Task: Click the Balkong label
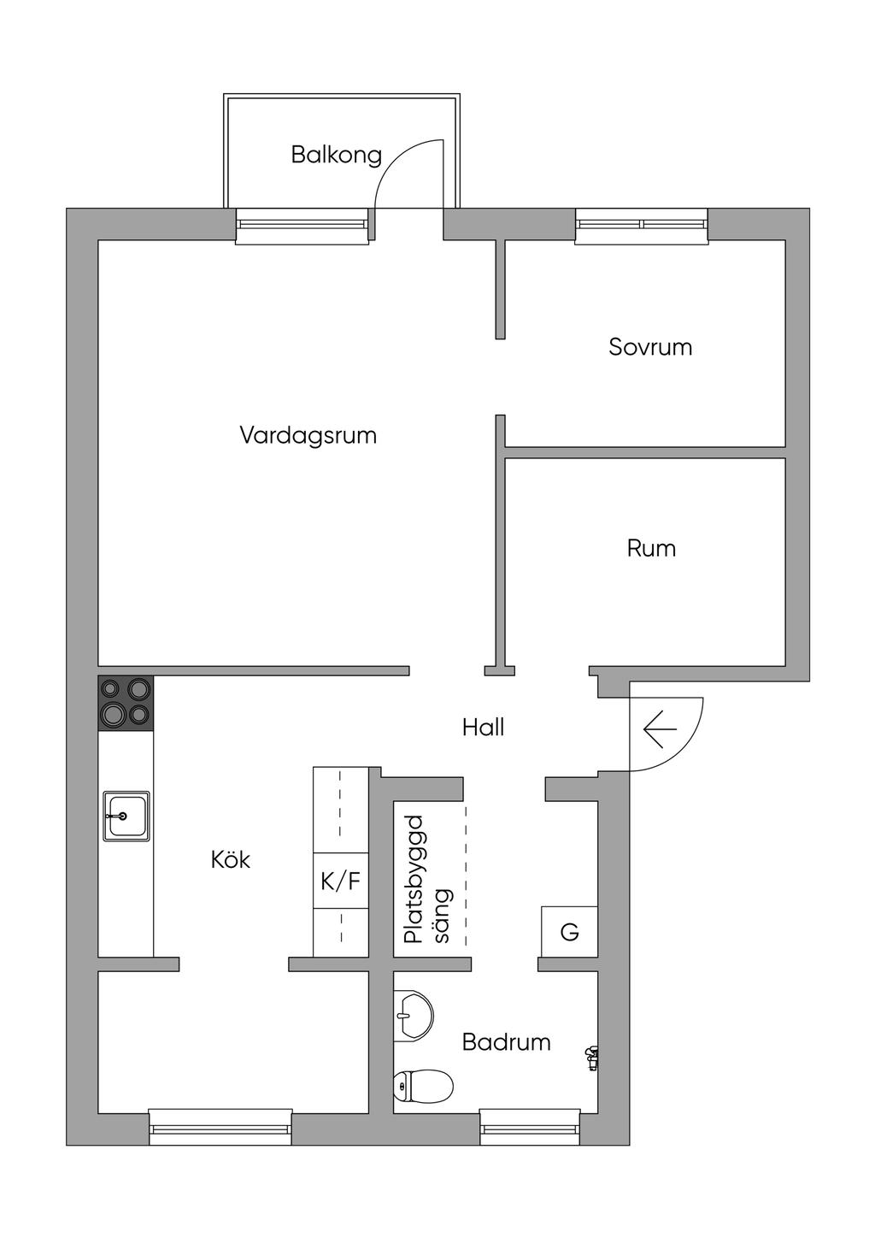337,156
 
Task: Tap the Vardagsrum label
308,436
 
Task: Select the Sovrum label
650,347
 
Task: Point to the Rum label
651,548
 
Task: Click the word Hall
484,728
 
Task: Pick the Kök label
231,859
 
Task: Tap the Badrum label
507,1042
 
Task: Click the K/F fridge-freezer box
341,881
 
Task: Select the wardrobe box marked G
569,932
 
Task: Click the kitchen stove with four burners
126,703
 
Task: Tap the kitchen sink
126,816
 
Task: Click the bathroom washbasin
414,1016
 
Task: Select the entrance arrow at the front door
660,729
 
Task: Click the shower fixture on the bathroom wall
591,1058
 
